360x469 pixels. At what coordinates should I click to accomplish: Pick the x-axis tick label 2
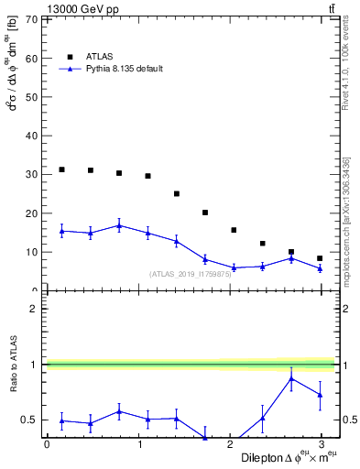click(x=230, y=444)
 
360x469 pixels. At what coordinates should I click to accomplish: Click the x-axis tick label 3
click(x=322, y=444)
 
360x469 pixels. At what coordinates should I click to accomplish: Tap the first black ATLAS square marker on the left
click(x=61, y=169)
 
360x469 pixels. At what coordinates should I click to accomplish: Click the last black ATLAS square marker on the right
click(x=320, y=258)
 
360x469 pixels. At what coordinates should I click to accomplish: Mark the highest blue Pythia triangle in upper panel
click(x=119, y=225)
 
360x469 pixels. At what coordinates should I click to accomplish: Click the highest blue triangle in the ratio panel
click(x=291, y=378)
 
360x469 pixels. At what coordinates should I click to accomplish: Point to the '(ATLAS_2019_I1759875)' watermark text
click(x=198, y=273)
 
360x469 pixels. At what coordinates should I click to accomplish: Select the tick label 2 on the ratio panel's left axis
click(x=34, y=309)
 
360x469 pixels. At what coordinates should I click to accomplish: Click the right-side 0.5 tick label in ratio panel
click(x=346, y=420)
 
